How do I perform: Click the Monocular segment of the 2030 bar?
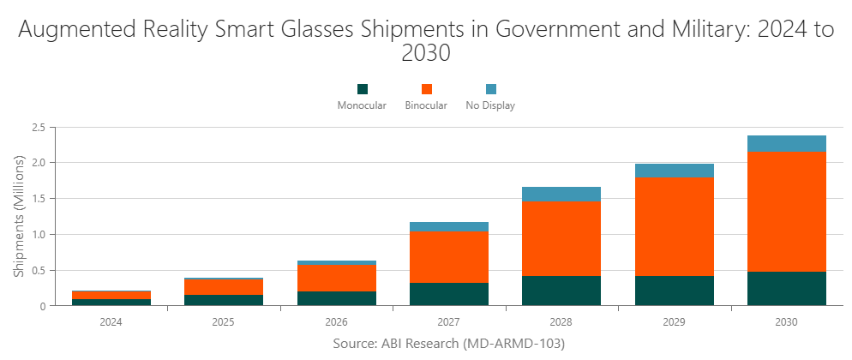[x=786, y=288]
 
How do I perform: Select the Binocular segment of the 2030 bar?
[x=786, y=212]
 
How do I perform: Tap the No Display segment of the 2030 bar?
[x=786, y=143]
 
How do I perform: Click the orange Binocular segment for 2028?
[x=561, y=238]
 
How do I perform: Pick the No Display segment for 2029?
[x=674, y=171]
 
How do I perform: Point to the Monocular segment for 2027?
[x=449, y=294]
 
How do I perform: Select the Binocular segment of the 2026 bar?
[x=337, y=278]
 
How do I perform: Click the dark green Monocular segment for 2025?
[x=225, y=300]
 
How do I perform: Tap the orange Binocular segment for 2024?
[x=112, y=295]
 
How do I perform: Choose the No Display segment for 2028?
[x=561, y=194]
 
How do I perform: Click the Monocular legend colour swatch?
[x=362, y=89]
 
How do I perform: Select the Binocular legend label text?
[x=426, y=106]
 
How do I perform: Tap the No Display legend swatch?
[x=490, y=89]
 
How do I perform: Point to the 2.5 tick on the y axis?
[x=38, y=128]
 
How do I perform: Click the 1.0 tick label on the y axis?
[x=38, y=234]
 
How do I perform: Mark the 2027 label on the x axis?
[x=449, y=323]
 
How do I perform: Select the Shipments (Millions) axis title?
[x=19, y=216]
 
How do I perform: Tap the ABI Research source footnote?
[x=448, y=343]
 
